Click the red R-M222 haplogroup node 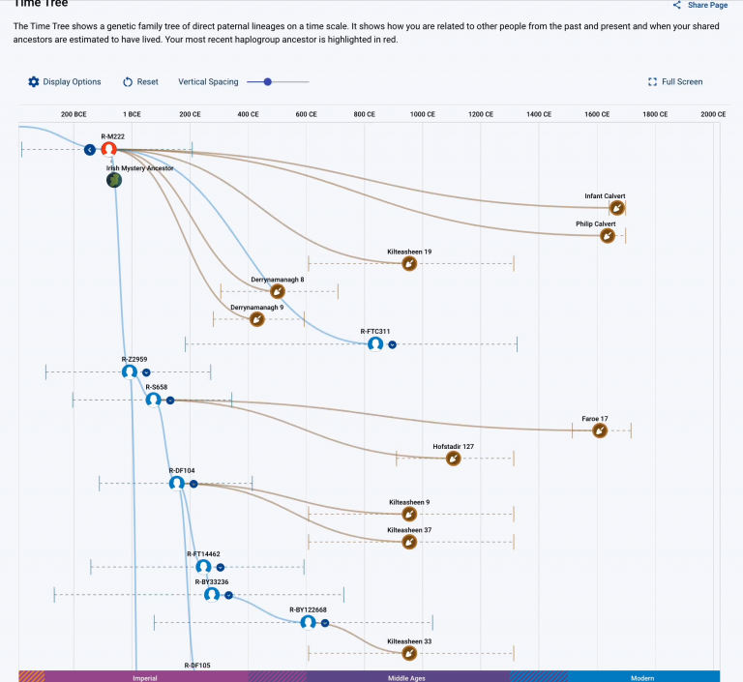click(109, 149)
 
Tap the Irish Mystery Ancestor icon click(114, 180)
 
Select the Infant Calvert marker click(616, 208)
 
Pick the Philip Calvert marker click(607, 235)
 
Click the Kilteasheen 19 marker click(409, 263)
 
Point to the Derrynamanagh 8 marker click(278, 291)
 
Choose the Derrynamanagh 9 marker click(256, 318)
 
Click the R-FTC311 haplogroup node click(375, 343)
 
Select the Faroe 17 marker click(599, 430)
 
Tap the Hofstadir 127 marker click(453, 459)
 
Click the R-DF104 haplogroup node click(176, 482)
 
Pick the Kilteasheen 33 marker click(409, 653)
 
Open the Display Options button click(64, 82)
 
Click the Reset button click(140, 82)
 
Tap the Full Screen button click(675, 82)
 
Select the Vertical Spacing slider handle click(268, 82)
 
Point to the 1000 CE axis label click(423, 114)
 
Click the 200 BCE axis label click(74, 114)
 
